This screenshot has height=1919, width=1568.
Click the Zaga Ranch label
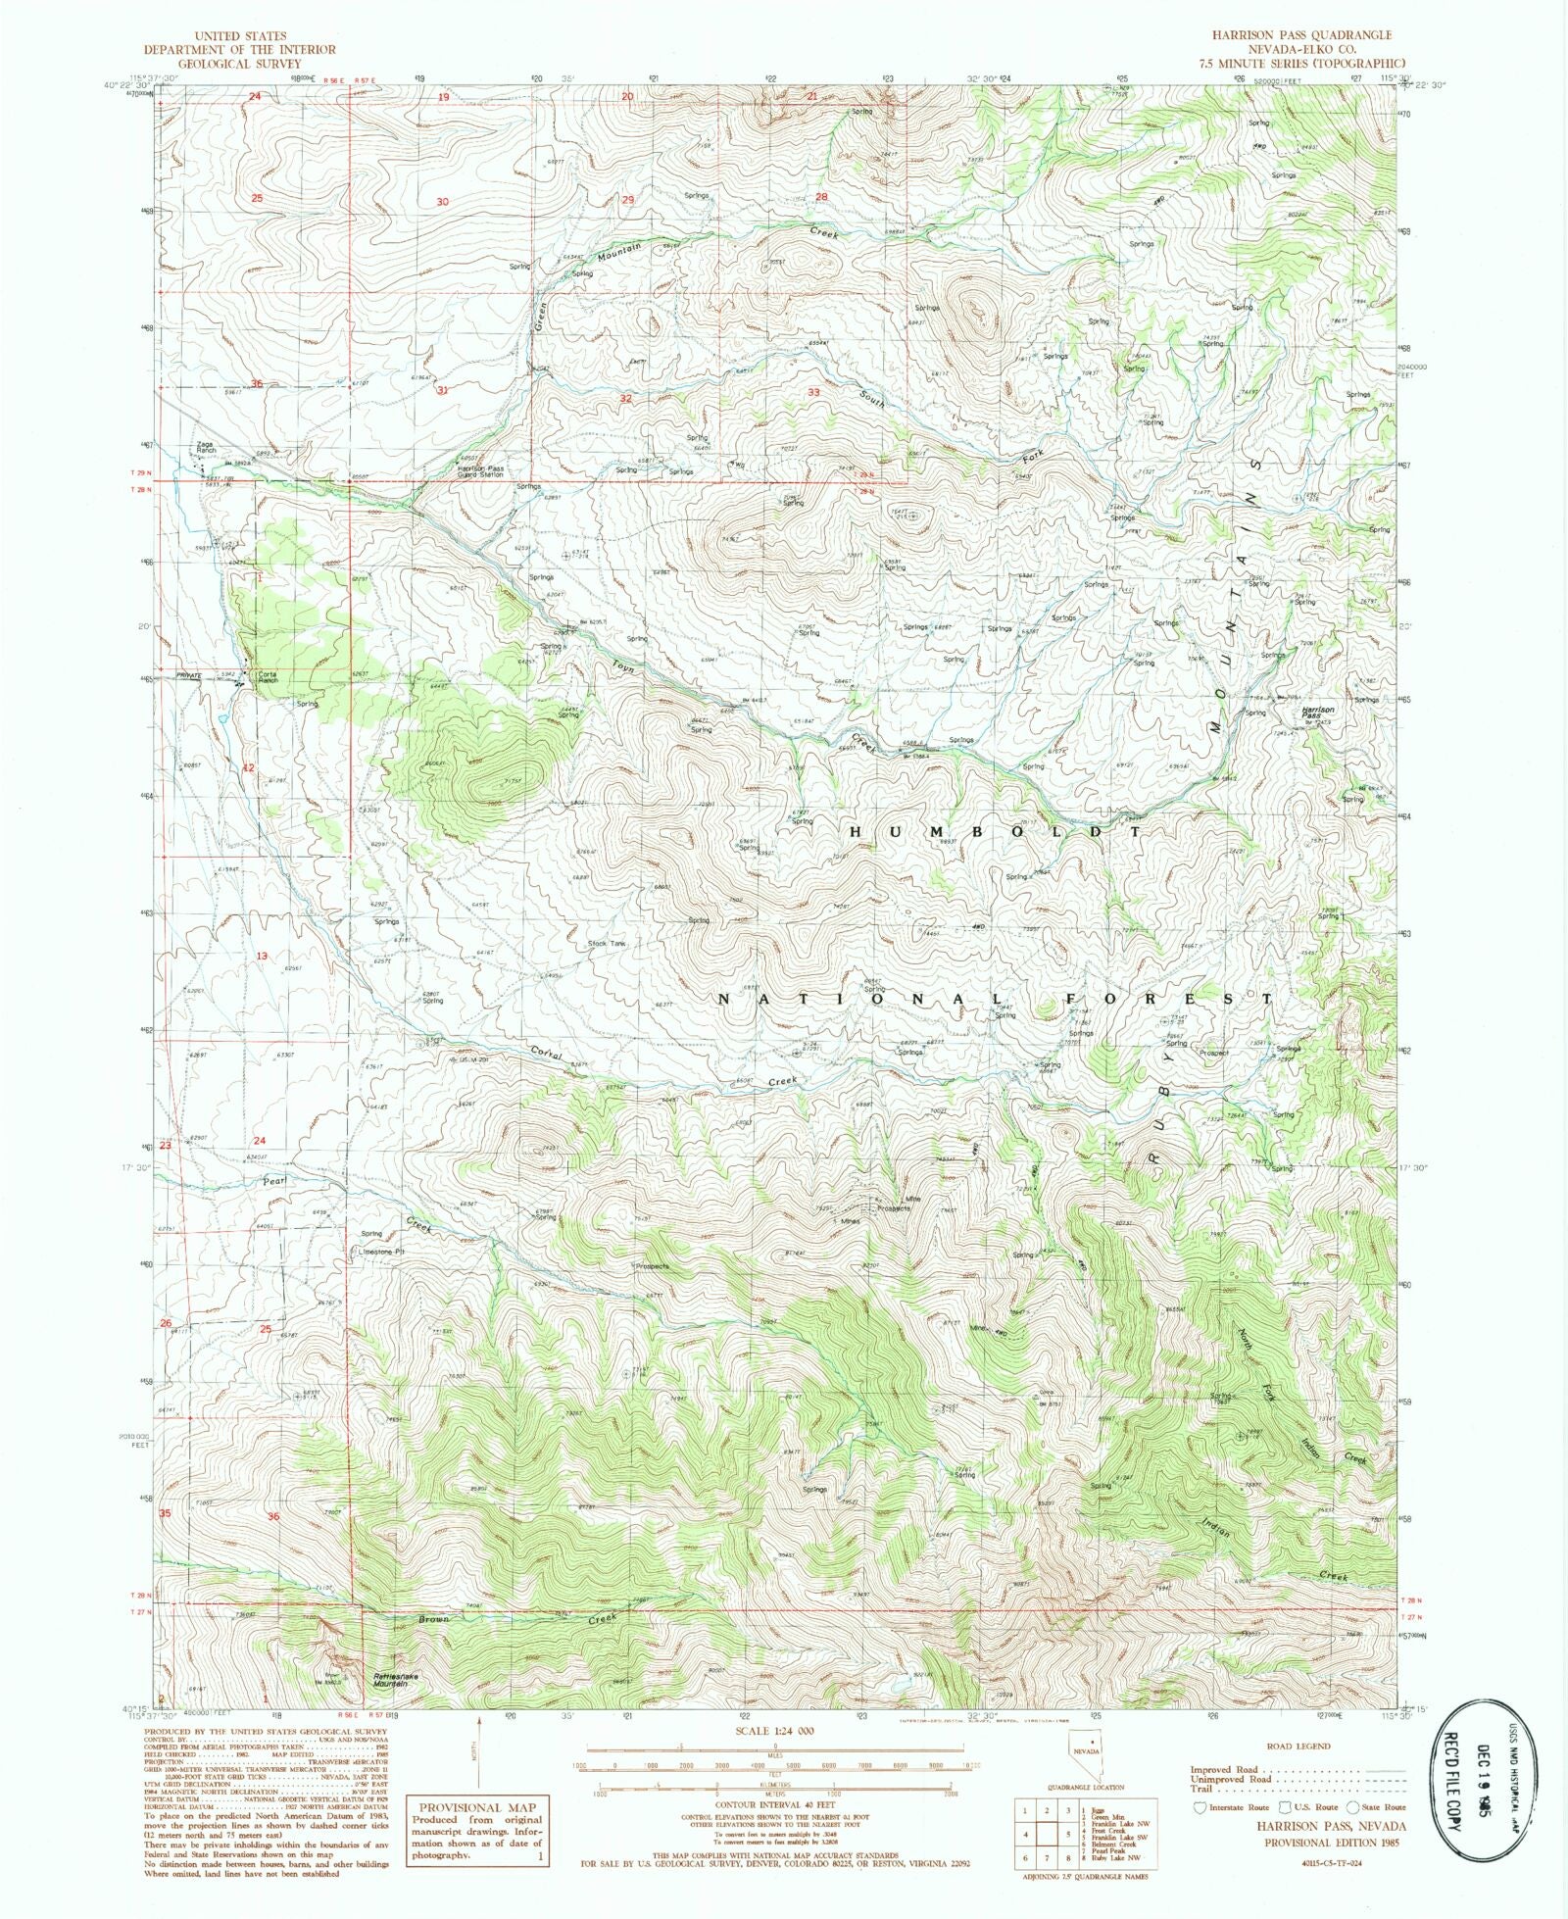205,447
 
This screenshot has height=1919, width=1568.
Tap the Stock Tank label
606,944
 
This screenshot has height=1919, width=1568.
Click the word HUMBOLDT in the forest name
994,831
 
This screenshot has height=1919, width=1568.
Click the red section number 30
442,201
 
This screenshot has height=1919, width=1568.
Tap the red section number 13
262,956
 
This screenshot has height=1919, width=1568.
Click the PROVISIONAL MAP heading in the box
474,1807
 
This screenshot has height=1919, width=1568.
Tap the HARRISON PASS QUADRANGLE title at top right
1300,34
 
